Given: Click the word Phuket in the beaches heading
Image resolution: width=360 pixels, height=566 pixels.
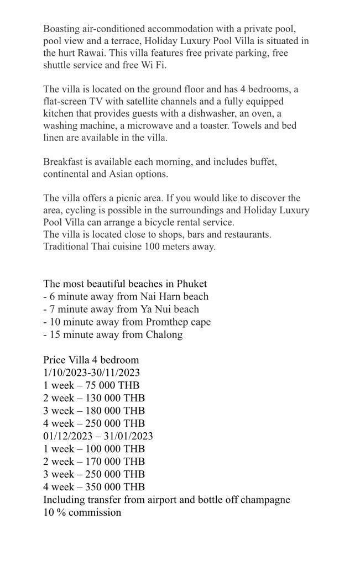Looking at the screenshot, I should tap(192, 284).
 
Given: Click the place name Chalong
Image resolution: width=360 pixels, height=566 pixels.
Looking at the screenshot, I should tap(164, 334).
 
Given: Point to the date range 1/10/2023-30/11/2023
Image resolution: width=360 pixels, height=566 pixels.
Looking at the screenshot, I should tap(92, 373).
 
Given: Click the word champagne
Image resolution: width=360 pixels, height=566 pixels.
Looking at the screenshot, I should tap(260, 500).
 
